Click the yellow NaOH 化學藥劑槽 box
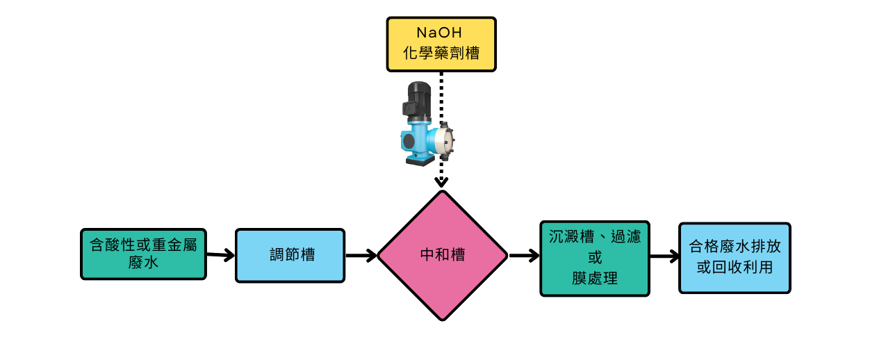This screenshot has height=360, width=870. (441, 44)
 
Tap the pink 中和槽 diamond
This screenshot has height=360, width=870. (443, 255)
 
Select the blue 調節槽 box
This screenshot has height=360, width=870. (290, 255)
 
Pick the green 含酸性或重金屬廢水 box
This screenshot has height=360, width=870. (143, 254)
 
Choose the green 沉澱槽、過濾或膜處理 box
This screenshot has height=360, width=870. (594, 258)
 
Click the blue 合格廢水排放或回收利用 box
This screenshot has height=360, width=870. (734, 257)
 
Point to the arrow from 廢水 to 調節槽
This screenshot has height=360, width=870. (220, 255)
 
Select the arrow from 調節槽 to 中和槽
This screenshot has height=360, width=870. (361, 256)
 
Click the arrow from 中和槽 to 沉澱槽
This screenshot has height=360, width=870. (525, 256)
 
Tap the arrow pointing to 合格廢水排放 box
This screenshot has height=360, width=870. (664, 257)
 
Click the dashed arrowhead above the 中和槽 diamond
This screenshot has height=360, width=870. (441, 182)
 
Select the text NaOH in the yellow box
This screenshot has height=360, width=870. (440, 33)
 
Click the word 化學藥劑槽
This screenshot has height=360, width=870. (441, 54)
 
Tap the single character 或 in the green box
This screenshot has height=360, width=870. (594, 257)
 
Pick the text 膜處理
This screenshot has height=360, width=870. (594, 278)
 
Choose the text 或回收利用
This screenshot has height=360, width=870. (734, 268)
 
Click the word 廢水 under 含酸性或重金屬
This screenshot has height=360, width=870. (143, 263)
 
